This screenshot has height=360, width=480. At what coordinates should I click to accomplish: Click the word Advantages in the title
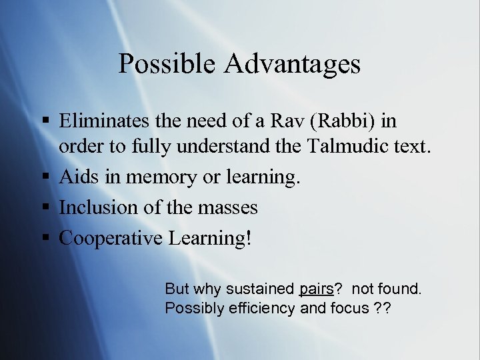293,64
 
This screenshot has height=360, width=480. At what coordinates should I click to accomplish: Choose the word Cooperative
111,239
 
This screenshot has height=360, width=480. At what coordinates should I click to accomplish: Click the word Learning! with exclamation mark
210,239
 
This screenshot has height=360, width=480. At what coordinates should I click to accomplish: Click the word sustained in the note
264,289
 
